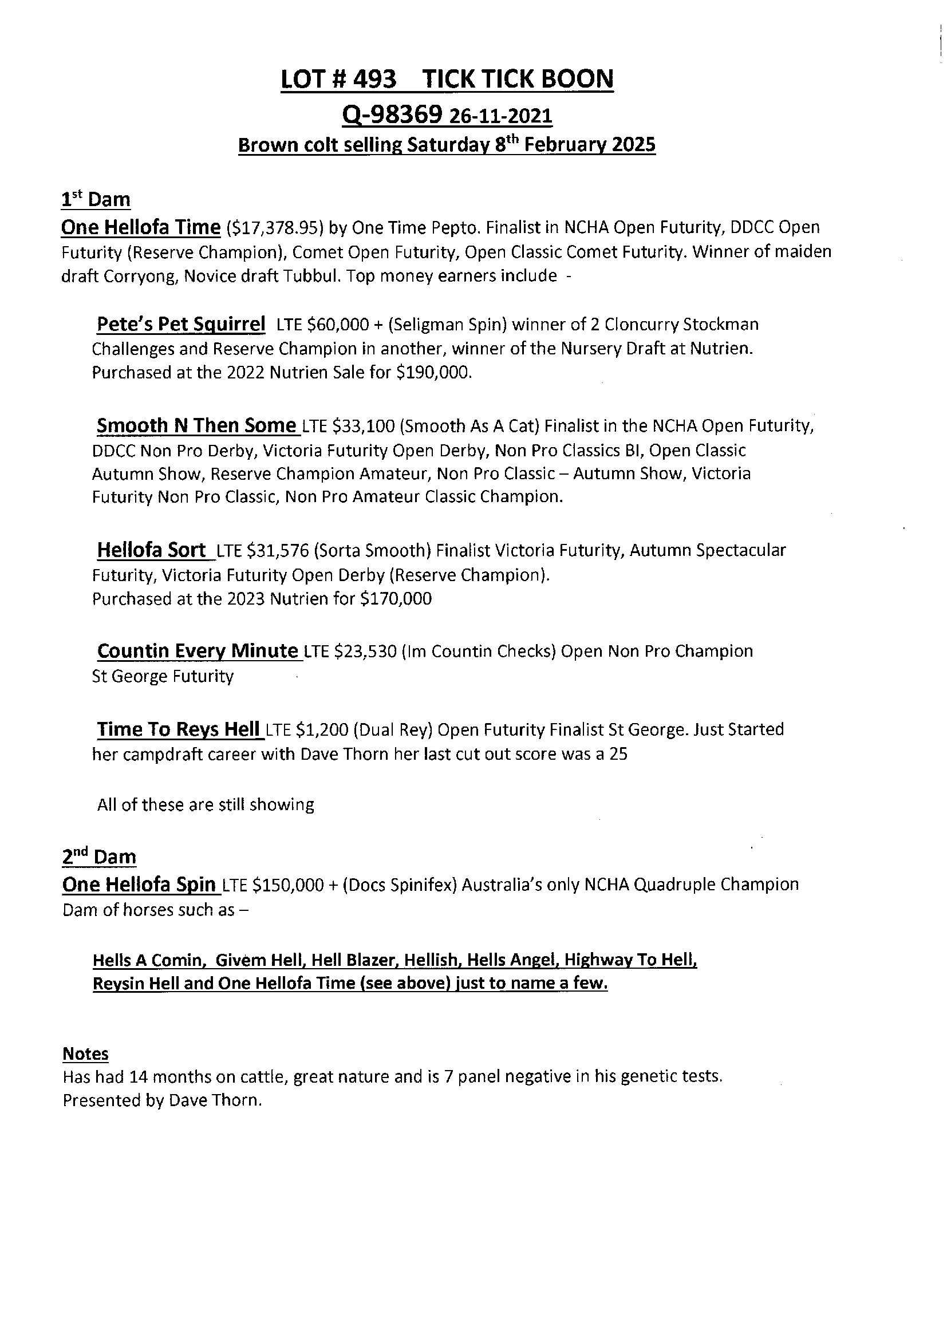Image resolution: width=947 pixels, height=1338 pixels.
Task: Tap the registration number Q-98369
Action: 392,116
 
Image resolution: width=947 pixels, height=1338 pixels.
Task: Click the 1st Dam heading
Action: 96,200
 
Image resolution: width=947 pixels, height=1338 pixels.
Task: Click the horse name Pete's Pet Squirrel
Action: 181,323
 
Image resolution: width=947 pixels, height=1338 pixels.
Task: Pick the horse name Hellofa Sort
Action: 151,550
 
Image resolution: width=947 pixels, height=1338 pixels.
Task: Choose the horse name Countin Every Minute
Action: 198,650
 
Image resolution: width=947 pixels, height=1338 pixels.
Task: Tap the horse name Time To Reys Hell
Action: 178,729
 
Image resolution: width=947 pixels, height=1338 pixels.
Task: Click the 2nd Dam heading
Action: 98,857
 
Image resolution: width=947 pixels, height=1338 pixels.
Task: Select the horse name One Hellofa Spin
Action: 139,885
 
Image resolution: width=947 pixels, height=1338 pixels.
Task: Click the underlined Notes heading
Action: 85,1054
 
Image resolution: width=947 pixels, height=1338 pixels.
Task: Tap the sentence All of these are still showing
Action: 206,805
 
